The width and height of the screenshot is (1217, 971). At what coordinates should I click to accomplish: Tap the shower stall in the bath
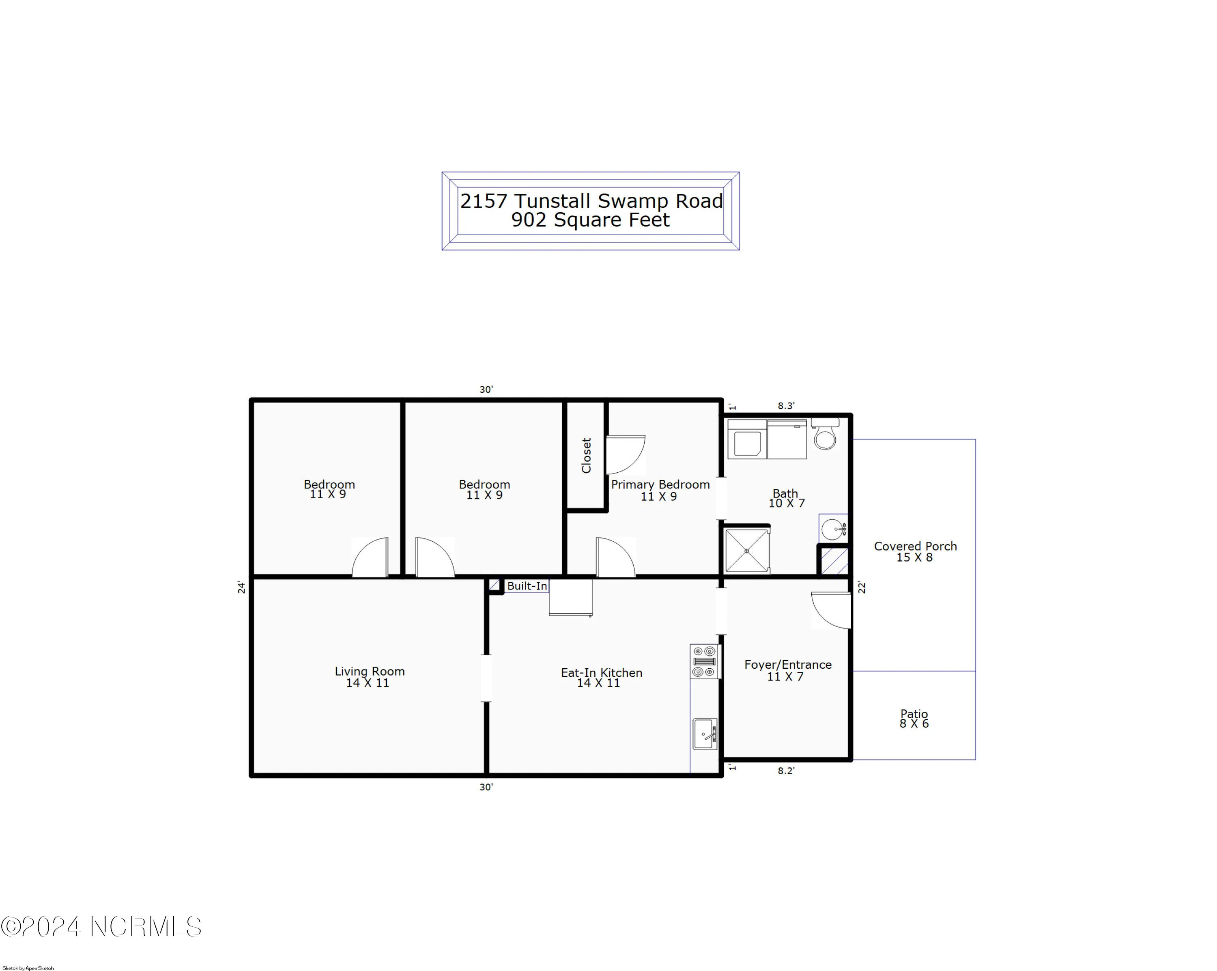(x=746, y=550)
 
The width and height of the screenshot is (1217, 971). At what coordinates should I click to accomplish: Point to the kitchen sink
(x=705, y=734)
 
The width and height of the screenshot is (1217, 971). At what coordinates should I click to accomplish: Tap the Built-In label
(x=527, y=586)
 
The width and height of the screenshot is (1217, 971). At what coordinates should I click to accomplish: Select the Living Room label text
(x=370, y=671)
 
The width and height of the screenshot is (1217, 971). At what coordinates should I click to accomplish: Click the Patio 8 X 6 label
(x=914, y=719)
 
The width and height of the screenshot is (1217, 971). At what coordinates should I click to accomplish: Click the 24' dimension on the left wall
(x=241, y=587)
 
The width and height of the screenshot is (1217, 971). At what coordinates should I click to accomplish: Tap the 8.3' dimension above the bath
(x=786, y=406)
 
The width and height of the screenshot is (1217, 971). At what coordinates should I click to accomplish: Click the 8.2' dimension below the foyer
(x=786, y=771)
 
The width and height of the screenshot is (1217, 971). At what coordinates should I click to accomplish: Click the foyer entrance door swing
(x=830, y=610)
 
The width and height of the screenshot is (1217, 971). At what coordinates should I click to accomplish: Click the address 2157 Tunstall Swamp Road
(x=591, y=201)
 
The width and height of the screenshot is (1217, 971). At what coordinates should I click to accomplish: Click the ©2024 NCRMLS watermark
(x=101, y=926)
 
